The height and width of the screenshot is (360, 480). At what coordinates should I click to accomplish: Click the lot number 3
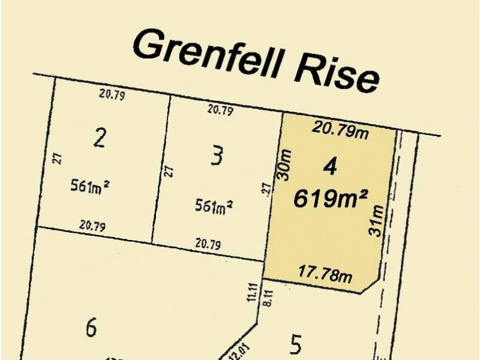(x=217, y=157)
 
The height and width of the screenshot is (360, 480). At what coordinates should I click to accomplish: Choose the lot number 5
(x=295, y=345)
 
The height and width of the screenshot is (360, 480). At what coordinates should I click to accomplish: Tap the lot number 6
(x=91, y=328)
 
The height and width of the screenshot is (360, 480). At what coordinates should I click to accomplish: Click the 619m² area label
(x=331, y=199)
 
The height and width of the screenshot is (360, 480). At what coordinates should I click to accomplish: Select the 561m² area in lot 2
(x=88, y=186)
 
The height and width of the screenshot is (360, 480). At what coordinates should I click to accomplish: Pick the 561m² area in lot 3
(x=214, y=206)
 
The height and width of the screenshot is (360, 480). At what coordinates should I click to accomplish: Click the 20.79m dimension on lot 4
(x=340, y=130)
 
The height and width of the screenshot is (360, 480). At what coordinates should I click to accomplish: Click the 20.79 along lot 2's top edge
(x=112, y=94)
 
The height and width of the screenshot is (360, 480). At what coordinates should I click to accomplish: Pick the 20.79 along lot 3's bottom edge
(x=208, y=245)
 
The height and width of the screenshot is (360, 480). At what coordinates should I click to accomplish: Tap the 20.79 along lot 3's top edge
(x=220, y=110)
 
